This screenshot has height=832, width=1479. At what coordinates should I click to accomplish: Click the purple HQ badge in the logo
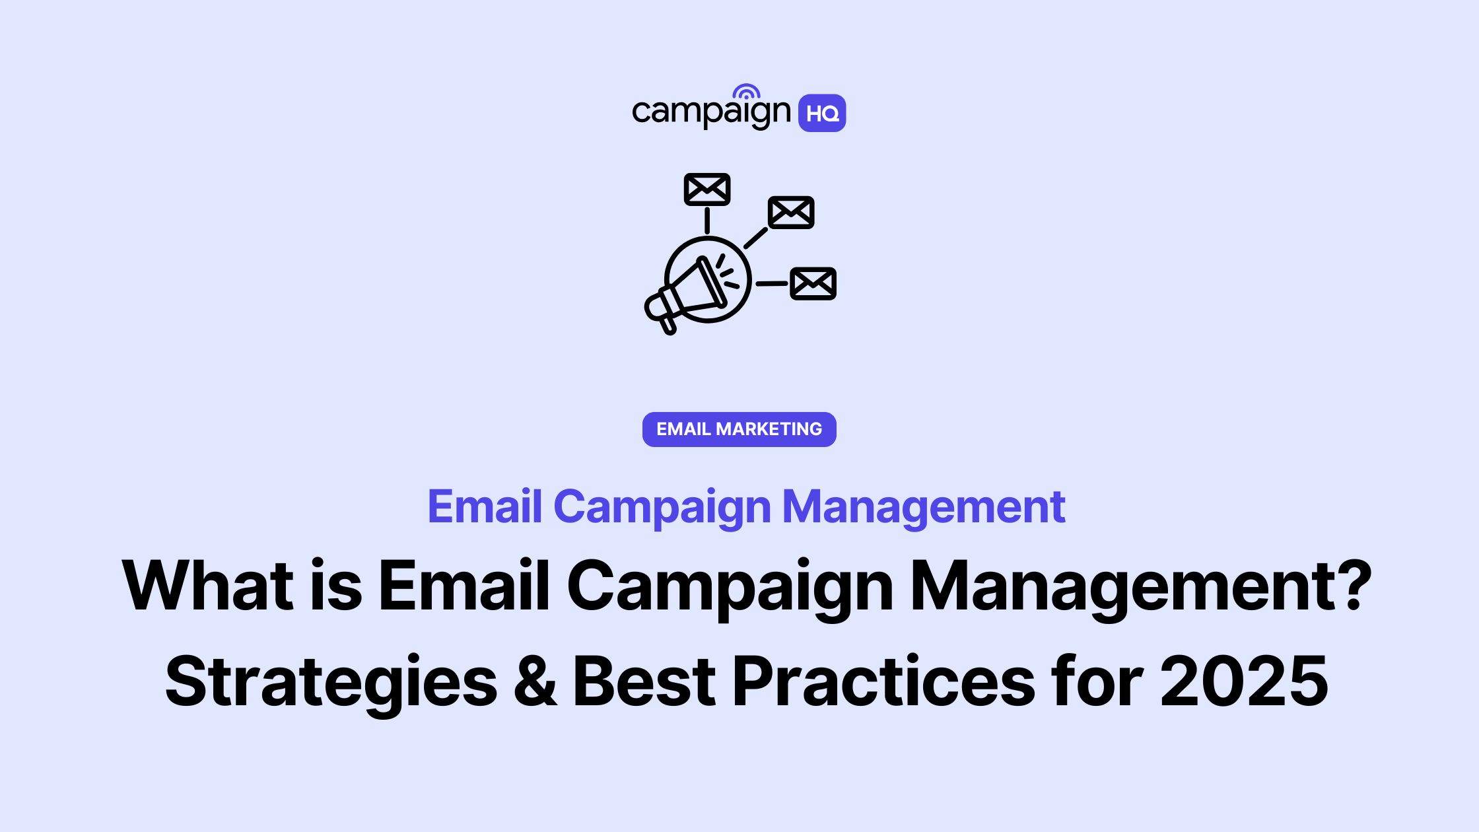(822, 113)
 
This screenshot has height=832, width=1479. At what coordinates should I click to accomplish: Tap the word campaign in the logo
(711, 112)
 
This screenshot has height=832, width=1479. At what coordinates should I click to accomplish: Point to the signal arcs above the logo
(746, 92)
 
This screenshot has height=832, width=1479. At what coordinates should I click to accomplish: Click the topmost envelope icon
(707, 190)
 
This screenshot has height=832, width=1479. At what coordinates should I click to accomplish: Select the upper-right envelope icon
(791, 212)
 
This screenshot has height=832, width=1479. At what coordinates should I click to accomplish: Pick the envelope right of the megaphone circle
(813, 283)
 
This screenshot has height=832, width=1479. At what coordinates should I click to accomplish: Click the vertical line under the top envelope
(707, 221)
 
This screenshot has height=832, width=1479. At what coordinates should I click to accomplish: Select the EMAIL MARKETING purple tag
(739, 429)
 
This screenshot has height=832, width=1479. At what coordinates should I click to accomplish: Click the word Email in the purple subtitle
(485, 507)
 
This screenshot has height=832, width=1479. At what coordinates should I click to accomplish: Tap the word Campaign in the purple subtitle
(662, 507)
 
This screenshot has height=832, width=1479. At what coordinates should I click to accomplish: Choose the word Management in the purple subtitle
(923, 507)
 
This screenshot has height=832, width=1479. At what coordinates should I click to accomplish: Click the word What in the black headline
(207, 586)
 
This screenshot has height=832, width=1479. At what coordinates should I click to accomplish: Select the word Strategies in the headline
(330, 681)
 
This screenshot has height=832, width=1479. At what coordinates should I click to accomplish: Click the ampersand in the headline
(535, 681)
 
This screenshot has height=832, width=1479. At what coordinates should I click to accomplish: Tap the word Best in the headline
(644, 681)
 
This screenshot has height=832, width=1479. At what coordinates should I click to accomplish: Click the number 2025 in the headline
(1244, 681)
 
